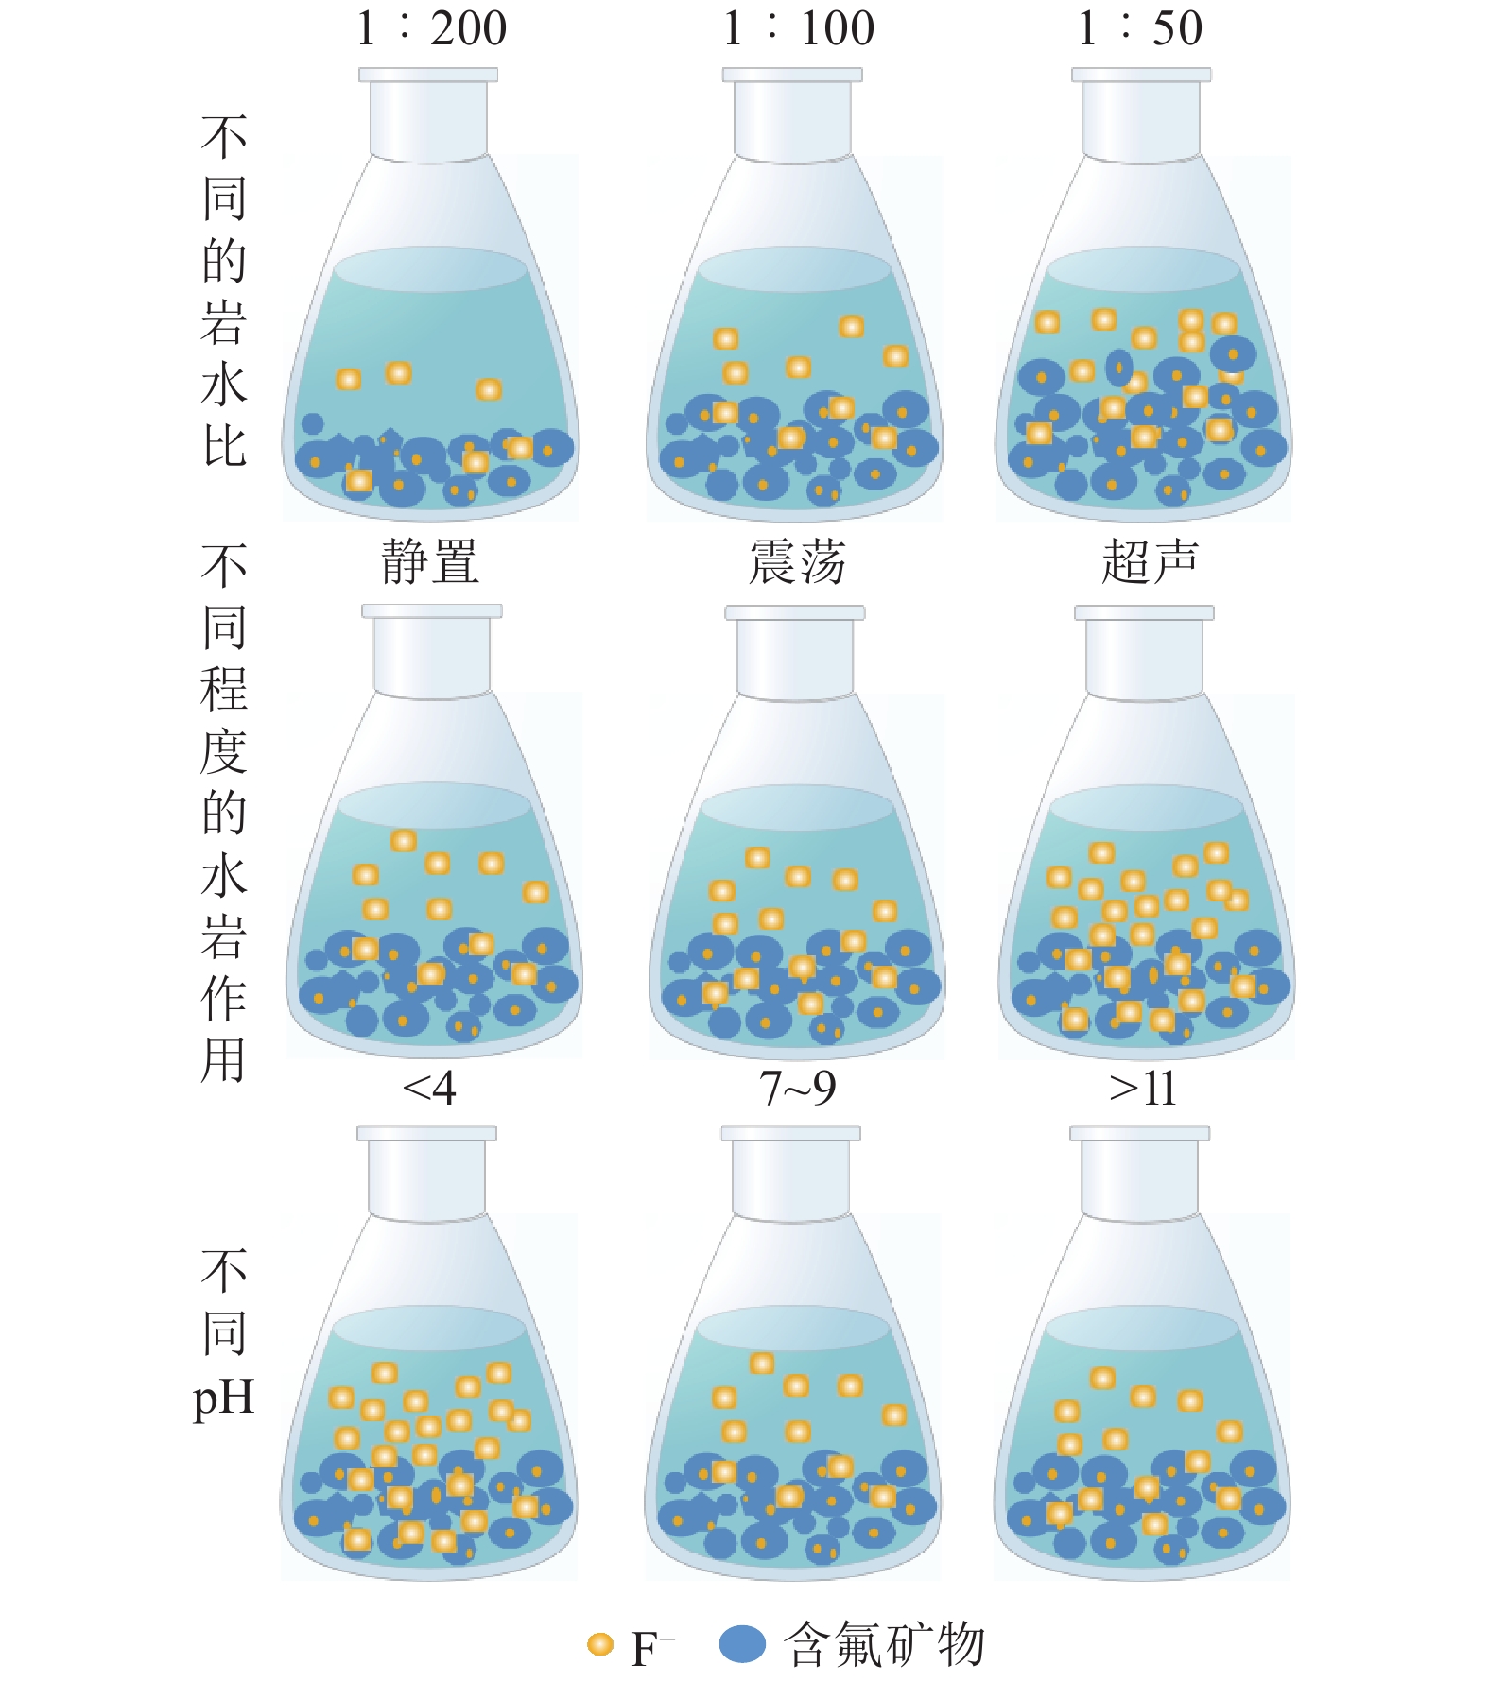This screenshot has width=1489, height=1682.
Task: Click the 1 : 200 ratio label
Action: tap(431, 28)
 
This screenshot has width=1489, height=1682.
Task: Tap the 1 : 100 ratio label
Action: tap(799, 28)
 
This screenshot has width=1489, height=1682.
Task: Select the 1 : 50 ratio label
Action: tap(1140, 28)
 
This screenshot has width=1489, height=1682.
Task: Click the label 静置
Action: tap(430, 563)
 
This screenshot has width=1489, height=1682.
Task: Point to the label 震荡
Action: tap(797, 563)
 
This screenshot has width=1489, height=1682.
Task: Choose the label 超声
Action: tap(1150, 563)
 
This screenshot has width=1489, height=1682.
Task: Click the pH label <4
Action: tap(429, 1089)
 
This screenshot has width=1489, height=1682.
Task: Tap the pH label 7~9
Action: tap(797, 1089)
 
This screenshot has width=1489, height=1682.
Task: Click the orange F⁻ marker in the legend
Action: tap(600, 1645)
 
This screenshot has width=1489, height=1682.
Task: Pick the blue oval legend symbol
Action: tap(742, 1645)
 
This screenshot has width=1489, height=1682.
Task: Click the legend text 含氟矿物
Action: tap(885, 1645)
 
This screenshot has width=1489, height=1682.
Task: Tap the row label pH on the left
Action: tap(224, 1397)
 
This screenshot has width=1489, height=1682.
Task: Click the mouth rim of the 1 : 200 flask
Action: tap(428, 75)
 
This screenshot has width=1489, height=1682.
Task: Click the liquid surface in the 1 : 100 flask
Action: tap(794, 268)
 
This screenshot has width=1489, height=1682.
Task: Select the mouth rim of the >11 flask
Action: tap(1139, 1133)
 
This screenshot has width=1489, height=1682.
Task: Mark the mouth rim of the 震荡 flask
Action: tap(795, 612)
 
